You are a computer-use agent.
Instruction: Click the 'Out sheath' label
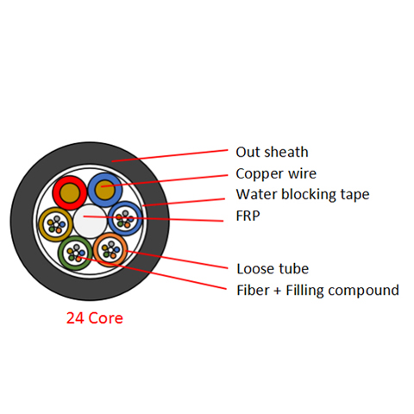(x=272, y=152)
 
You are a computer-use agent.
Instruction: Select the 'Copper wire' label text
(x=276, y=174)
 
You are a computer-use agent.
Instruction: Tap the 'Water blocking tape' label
(x=303, y=195)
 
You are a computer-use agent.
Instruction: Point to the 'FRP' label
(x=248, y=216)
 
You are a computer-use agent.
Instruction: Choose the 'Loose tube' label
(x=273, y=269)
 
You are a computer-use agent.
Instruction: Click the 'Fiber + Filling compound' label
(x=317, y=291)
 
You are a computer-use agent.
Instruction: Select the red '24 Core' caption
(x=95, y=318)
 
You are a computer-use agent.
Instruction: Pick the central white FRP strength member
(x=90, y=222)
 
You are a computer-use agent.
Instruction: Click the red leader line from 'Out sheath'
(x=170, y=155)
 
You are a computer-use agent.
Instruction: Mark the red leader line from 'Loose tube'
(x=177, y=260)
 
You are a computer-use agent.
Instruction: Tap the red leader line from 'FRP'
(x=154, y=218)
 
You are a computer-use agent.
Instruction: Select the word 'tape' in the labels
(x=355, y=196)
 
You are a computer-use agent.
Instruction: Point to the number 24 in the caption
(x=75, y=318)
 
